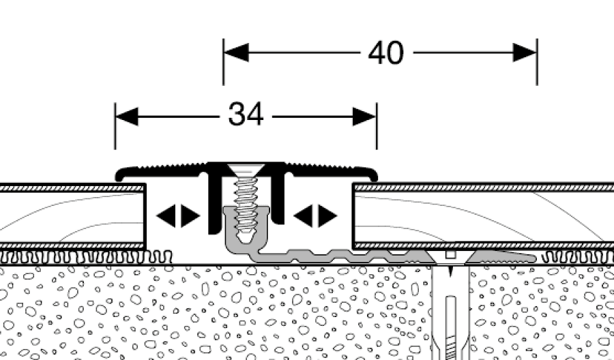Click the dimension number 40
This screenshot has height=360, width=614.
pos(385,52)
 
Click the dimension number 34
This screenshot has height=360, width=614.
pos(246,116)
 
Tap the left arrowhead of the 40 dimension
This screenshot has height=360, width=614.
pos(235,52)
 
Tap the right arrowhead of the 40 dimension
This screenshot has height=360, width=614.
pos(525,52)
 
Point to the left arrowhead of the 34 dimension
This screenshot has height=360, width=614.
pos(126,117)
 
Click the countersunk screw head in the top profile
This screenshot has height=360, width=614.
pos(245,170)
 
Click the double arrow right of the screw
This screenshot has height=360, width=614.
pos(315,216)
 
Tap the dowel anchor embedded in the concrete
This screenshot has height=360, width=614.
pos(450,307)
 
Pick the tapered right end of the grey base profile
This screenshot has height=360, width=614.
pos(518,256)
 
